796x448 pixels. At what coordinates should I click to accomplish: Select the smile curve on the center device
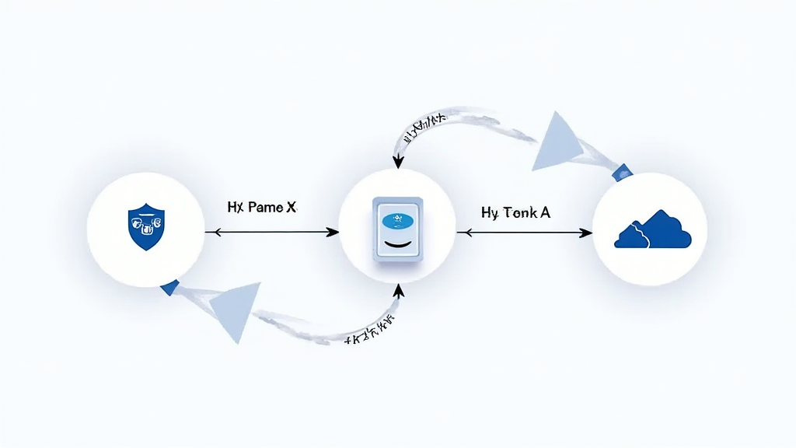[397, 245]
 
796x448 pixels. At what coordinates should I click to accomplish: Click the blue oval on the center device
[398, 220]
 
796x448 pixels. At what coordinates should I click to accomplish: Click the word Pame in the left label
[266, 208]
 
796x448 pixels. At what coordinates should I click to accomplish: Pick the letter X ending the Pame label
[291, 208]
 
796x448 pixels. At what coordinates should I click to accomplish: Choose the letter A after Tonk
[544, 212]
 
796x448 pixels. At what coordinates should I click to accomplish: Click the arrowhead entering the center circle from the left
[333, 232]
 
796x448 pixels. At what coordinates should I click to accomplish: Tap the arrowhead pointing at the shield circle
[209, 232]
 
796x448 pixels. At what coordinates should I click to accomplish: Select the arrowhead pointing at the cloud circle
[586, 232]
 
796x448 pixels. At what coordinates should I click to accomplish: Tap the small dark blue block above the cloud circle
[622, 171]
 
